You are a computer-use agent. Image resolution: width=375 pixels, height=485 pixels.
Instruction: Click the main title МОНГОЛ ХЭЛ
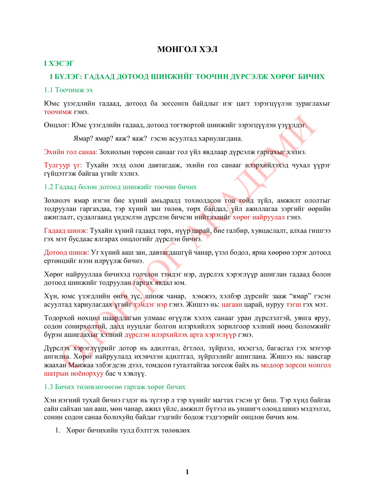tap(187, 49)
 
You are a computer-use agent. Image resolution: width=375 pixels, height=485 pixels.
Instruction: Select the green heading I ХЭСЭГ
tap(59, 64)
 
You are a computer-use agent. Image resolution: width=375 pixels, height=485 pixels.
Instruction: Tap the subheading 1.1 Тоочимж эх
tap(68, 90)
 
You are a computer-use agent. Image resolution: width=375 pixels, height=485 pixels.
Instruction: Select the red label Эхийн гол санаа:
tap(71, 152)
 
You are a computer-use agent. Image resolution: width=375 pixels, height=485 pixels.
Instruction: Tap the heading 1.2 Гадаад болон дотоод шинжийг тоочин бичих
tap(120, 187)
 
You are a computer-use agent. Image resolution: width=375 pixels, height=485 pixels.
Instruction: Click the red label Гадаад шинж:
tap(66, 231)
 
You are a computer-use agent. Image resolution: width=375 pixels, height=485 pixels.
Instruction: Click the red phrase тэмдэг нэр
tap(150, 305)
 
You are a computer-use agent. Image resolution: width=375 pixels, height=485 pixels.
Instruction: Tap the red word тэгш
tap(294, 305)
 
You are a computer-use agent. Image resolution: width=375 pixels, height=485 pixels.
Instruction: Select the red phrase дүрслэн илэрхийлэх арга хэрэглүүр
tap(180, 335)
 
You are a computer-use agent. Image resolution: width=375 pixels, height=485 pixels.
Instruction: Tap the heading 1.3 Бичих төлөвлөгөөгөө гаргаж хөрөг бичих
tap(115, 387)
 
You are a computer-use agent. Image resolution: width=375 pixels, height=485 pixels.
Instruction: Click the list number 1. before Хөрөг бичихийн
tap(57, 430)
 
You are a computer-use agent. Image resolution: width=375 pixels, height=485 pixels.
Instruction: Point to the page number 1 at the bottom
tap(187, 472)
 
